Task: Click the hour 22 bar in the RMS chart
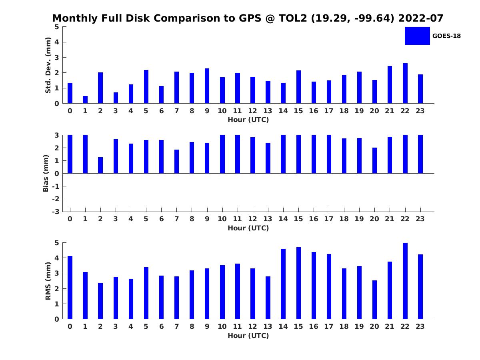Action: click(x=405, y=281)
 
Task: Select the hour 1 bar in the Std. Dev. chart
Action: click(x=85, y=100)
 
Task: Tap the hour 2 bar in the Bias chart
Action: click(x=100, y=165)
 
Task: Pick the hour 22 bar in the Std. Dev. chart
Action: click(x=405, y=83)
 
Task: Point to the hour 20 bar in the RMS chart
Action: click(x=374, y=300)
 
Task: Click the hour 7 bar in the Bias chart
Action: click(x=176, y=162)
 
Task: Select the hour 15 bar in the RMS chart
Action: click(x=298, y=283)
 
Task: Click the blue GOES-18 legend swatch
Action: click(x=417, y=36)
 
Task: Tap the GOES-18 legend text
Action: click(x=446, y=36)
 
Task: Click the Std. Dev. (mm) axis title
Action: click(x=48, y=65)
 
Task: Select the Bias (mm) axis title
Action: click(x=46, y=173)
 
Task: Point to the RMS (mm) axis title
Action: click(x=48, y=281)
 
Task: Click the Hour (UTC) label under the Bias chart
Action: click(x=248, y=228)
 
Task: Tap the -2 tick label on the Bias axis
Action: click(x=56, y=199)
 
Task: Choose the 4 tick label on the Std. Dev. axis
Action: click(x=57, y=42)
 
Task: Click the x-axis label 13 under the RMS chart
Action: click(x=268, y=326)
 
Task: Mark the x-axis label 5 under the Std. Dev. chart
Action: click(x=146, y=111)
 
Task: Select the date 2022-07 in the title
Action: click(x=421, y=18)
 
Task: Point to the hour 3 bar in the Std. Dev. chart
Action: click(x=116, y=98)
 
